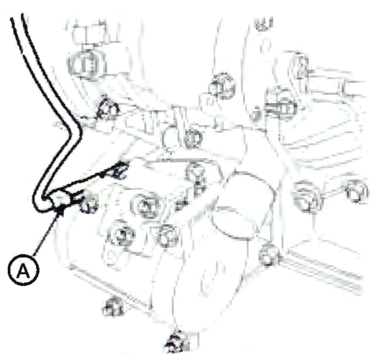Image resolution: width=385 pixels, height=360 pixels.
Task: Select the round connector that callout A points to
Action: coord(60,199)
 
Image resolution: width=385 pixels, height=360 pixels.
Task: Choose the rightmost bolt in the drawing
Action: coord(357,191)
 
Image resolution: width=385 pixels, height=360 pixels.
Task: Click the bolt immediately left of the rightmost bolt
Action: coord(307,196)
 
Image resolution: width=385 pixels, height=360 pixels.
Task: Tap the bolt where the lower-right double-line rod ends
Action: coord(269,255)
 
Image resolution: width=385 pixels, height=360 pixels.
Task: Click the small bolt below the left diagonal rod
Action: coord(113,307)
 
